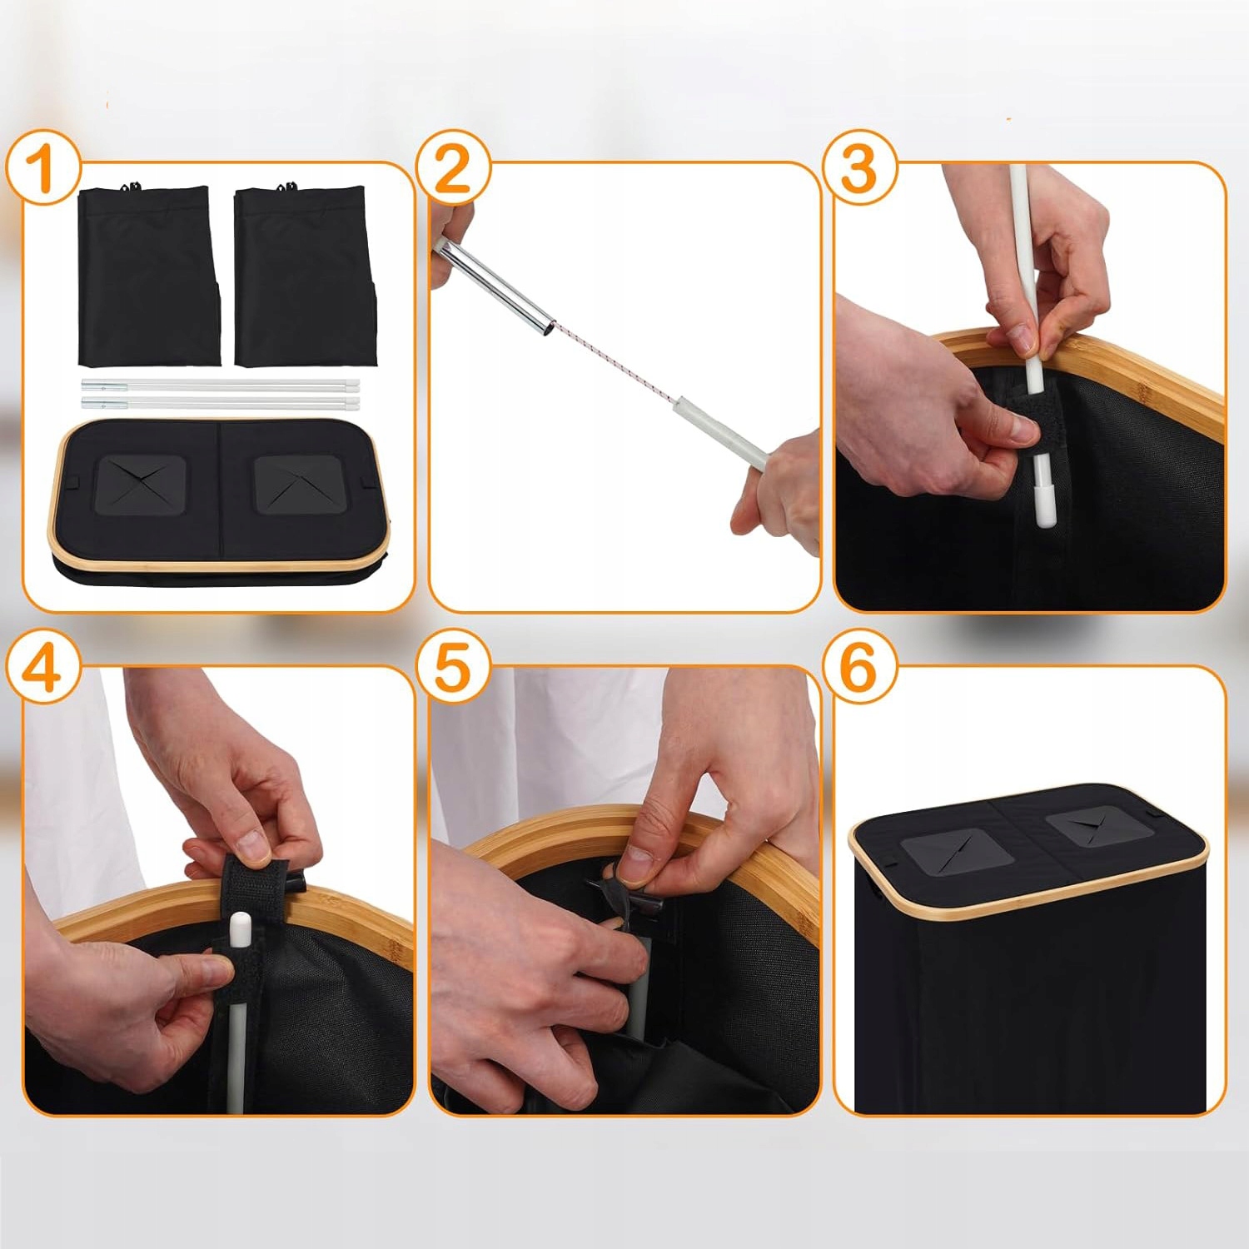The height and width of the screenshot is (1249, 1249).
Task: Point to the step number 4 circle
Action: click(43, 668)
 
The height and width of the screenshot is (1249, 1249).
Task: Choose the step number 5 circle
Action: click(452, 668)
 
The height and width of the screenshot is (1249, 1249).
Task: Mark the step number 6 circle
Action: click(859, 668)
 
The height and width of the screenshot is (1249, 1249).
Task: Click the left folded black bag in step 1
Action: click(148, 275)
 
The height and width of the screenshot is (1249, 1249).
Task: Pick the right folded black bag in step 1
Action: click(306, 275)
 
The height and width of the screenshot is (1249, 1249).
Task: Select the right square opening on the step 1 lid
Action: click(297, 484)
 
